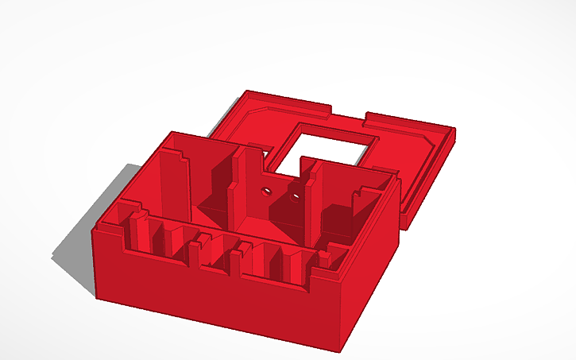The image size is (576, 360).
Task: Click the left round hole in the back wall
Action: pyautogui.click(x=266, y=191)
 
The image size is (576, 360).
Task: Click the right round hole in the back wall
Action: pyautogui.click(x=296, y=194)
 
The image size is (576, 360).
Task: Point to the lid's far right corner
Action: pyautogui.click(x=454, y=130)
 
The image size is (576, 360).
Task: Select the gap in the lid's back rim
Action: pyautogui.click(x=348, y=114)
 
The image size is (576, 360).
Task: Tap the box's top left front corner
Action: pyautogui.click(x=95, y=231)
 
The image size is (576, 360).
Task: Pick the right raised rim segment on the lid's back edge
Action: pyautogui.click(x=405, y=121)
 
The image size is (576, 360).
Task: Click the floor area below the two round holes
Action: pyautogui.click(x=274, y=219)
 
